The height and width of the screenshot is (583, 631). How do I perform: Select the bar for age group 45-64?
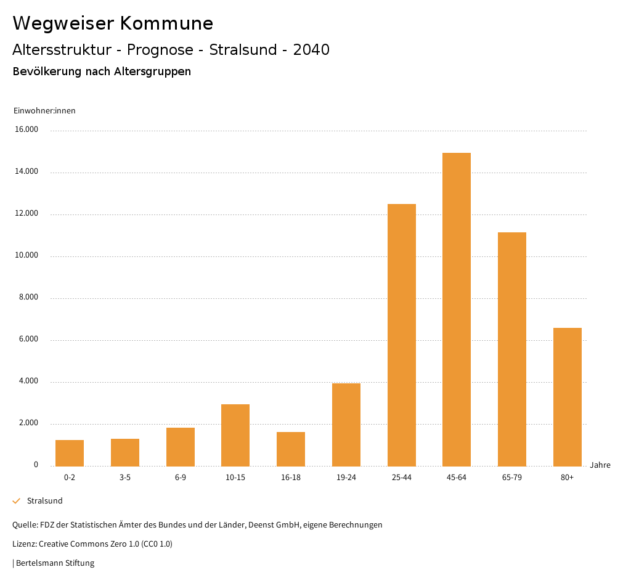[x=457, y=309]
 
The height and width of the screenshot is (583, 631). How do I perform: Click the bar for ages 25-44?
[x=402, y=335]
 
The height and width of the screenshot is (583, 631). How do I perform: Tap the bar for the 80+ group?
[x=568, y=397]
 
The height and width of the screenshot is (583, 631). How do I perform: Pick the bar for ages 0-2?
[x=70, y=453]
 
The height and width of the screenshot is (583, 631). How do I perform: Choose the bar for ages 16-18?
[x=291, y=449]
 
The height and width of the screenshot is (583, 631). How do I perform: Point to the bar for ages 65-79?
[x=512, y=349]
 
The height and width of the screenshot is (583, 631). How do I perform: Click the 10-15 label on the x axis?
[x=235, y=478]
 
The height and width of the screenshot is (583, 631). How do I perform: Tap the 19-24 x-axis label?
[x=346, y=478]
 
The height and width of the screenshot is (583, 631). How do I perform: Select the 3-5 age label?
[x=125, y=478]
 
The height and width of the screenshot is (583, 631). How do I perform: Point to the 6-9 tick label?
[x=181, y=478]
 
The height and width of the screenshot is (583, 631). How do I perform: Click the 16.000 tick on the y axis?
[x=26, y=130]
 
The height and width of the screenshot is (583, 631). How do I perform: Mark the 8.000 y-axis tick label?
[x=28, y=298]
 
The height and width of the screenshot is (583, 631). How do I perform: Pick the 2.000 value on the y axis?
[x=28, y=423]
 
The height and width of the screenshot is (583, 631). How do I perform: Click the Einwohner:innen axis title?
[x=44, y=111]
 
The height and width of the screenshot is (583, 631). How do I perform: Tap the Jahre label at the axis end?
[x=600, y=465]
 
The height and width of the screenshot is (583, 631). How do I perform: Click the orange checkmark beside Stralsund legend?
[x=17, y=501]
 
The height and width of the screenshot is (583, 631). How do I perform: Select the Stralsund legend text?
[x=45, y=501]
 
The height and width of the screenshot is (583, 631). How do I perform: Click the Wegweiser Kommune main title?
[x=113, y=23]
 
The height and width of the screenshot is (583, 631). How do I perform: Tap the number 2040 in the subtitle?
[x=311, y=50]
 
